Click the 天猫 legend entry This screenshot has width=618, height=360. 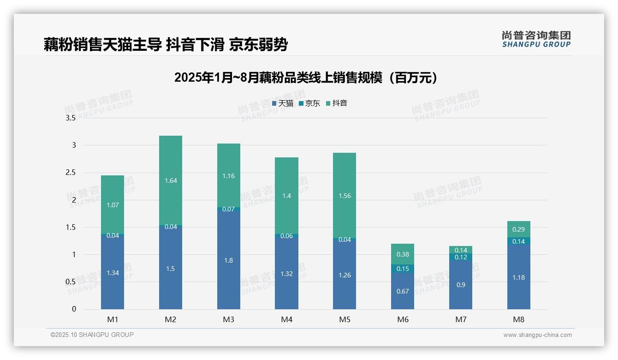pos(282,103)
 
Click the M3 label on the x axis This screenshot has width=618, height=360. pos(228,319)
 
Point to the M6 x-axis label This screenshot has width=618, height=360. pos(402,319)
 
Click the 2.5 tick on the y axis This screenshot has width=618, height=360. pos(70,173)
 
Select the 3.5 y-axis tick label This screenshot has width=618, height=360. pos(70,118)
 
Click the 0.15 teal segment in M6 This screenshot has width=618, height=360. pos(403,269)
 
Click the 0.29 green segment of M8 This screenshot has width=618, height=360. pos(518,229)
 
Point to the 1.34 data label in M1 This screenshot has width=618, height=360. pos(113,273)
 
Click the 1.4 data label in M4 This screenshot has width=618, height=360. pos(286,196)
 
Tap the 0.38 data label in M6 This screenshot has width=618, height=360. pos(403,254)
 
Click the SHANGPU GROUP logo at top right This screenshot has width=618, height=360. pos(536,39)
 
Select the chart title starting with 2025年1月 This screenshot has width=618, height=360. pos(306,78)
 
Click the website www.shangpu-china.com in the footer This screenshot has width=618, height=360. pos(537,335)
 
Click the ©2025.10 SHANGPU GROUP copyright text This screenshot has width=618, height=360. pos(92,335)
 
